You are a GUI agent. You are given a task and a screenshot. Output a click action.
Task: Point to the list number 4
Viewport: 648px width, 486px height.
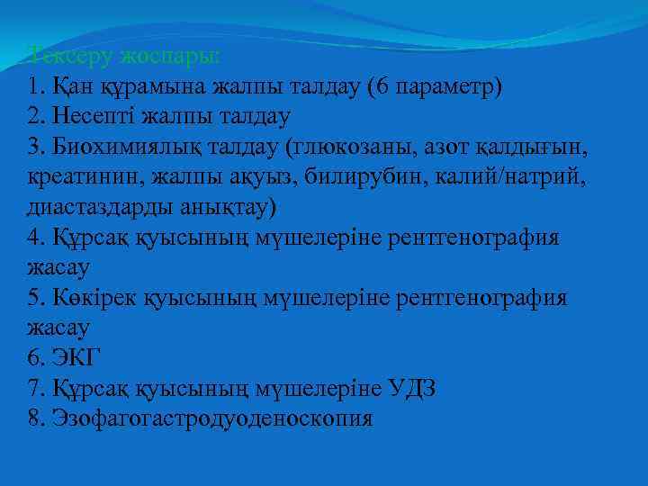pos(35,238)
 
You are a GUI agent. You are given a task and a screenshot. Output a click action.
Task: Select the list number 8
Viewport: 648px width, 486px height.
pos(35,419)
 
